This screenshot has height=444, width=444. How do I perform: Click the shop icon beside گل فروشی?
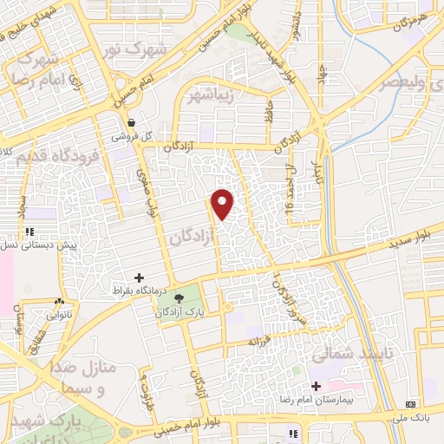131,123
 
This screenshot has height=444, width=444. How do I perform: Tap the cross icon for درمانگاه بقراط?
139,277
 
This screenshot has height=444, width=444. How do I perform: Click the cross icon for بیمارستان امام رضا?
316,386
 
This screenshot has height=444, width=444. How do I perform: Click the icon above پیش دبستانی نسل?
29,232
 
